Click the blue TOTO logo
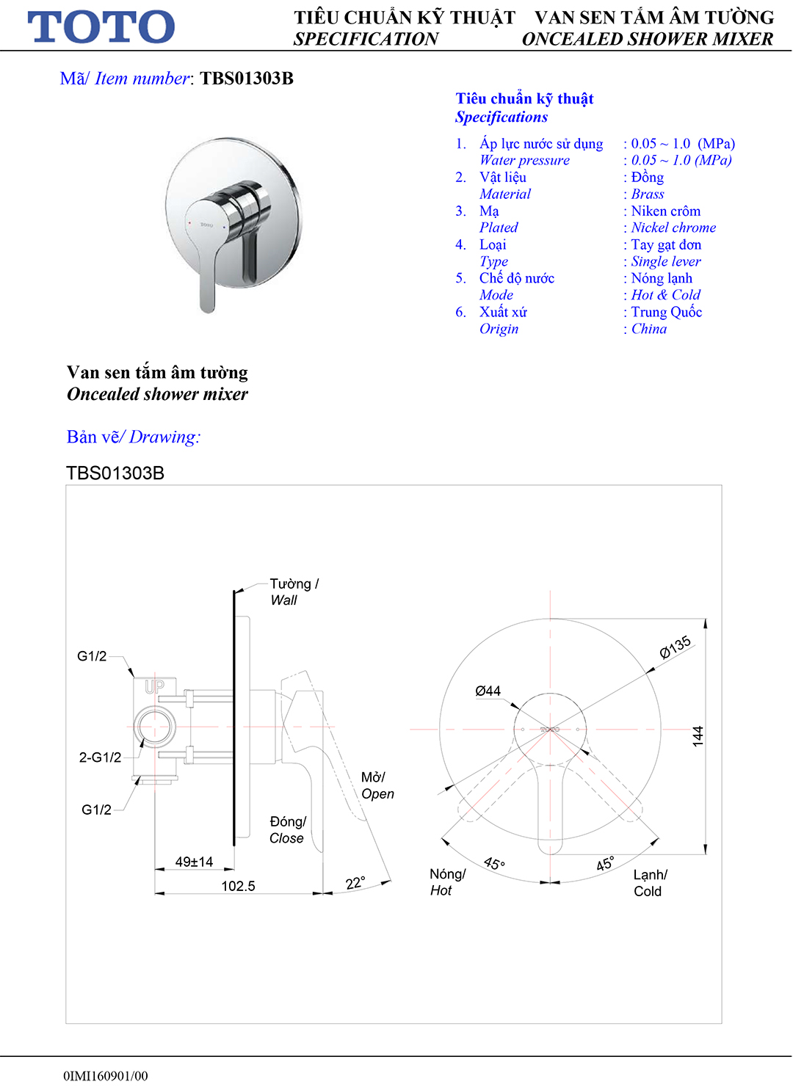tap(101, 26)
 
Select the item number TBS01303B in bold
tap(247, 79)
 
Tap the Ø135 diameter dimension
tap(675, 647)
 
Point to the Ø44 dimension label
tap(488, 691)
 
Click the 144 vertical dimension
tap(698, 735)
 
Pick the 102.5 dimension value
tap(238, 886)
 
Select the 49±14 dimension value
tap(194, 862)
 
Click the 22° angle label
tap(355, 882)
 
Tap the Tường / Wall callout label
tap(293, 592)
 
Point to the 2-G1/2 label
tap(100, 757)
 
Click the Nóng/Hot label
tap(447, 882)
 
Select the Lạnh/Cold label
tap(650, 883)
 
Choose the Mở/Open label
tap(377, 785)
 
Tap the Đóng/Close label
tap(287, 829)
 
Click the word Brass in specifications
tap(648, 194)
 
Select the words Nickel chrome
tap(673, 228)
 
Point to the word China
tap(649, 329)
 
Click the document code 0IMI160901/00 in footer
tap(105, 1076)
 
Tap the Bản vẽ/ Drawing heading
tap(134, 437)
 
